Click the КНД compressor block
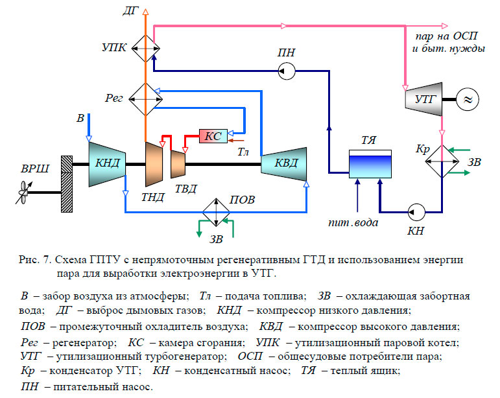point(107,163)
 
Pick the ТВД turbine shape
point(178,163)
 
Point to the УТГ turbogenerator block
point(422,99)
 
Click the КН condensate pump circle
point(415,210)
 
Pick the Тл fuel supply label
point(243,152)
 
